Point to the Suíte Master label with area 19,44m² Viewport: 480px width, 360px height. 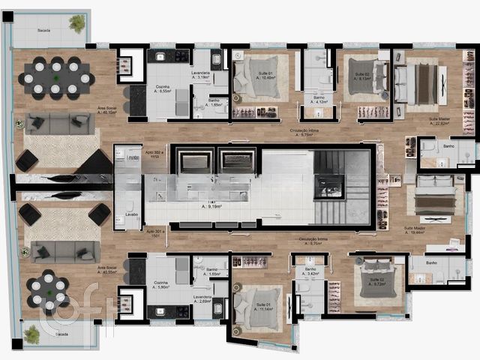(414, 231)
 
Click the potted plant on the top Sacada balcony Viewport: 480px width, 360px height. (77, 24)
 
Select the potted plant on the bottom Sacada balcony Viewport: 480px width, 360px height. (31, 334)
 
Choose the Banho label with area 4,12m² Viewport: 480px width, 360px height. (319, 100)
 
